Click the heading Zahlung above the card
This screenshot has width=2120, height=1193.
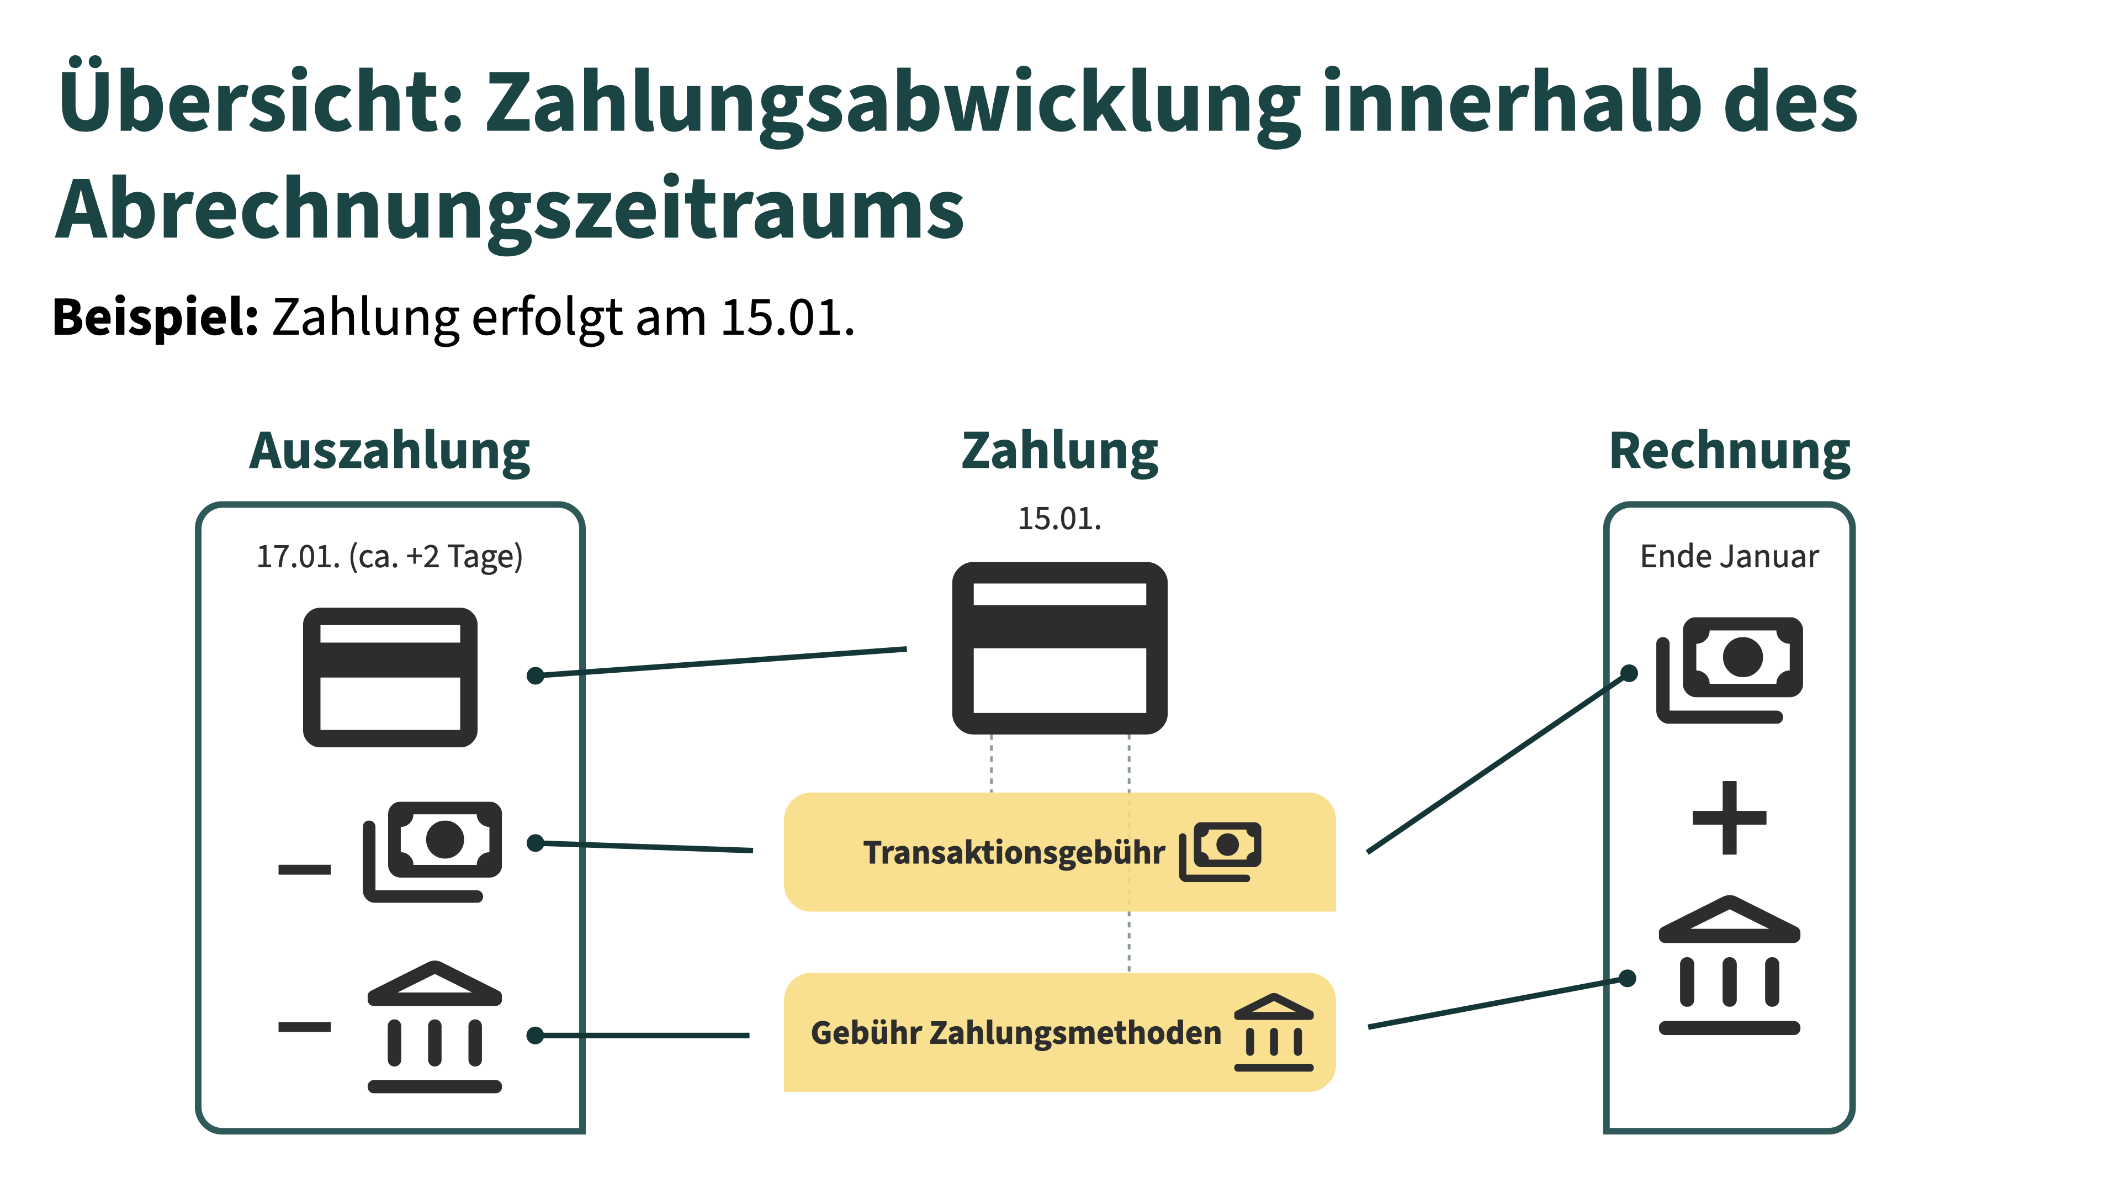click(1059, 451)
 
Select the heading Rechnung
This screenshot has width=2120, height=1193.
click(1729, 451)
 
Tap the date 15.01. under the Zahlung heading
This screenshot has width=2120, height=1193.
click(1059, 519)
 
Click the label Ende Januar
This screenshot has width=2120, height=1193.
click(1729, 557)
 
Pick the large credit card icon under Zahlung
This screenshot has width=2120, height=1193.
click(1059, 648)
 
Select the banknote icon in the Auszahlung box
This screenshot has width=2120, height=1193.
click(433, 851)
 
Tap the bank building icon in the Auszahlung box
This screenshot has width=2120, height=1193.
click(434, 1027)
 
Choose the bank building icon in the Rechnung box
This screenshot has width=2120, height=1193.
click(1729, 965)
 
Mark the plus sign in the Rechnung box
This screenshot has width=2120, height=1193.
click(1729, 817)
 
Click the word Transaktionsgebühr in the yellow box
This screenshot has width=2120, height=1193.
click(1014, 853)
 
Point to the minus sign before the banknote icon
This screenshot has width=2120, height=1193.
click(305, 869)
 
